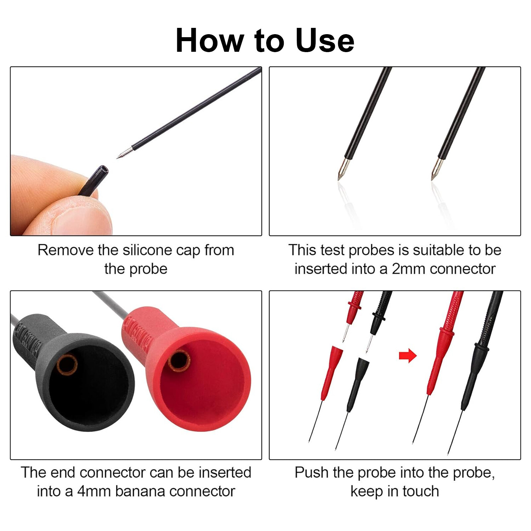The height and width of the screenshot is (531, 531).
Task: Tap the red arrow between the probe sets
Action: pyautogui.click(x=408, y=356)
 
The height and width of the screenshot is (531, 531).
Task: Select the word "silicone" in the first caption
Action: pyautogui.click(x=148, y=250)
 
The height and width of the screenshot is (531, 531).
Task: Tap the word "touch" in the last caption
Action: pyautogui.click(x=420, y=491)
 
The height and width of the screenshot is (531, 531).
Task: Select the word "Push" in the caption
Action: pyautogui.click(x=311, y=473)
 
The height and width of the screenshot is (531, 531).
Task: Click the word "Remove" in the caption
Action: pyautogui.click(x=65, y=250)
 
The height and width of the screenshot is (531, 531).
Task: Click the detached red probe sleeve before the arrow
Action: pyautogui.click(x=330, y=372)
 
